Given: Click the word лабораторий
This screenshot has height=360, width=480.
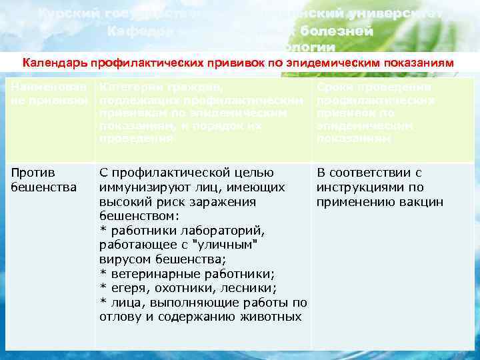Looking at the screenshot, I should pyautogui.click(x=228, y=230).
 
